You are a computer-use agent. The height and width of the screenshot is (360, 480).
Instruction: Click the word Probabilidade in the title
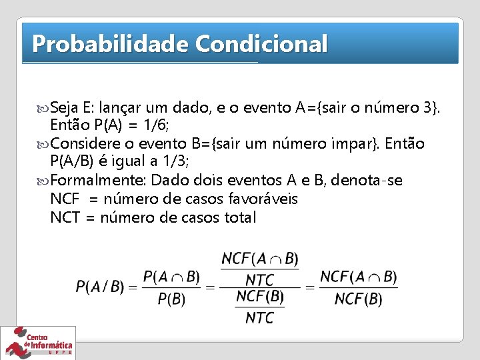point(110,44)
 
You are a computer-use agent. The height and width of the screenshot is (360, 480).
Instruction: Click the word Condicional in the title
point(261,44)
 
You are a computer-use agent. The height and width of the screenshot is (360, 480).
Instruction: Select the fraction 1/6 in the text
point(158,126)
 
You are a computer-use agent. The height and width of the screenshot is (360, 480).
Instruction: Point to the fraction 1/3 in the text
point(175,162)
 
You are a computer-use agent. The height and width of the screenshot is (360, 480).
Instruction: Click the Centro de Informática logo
point(38,343)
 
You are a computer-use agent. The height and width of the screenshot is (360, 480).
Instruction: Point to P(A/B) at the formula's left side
point(100,287)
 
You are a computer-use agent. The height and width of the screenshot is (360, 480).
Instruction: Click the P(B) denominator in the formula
point(171,299)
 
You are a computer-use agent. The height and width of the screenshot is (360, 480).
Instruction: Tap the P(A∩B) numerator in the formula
point(171,276)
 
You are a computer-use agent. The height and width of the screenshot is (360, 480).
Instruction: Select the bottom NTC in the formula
point(259,317)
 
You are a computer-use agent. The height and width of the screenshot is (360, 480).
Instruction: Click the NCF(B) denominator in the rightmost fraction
point(358,298)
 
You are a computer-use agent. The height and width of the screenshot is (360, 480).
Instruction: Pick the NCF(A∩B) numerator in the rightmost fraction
point(358,276)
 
